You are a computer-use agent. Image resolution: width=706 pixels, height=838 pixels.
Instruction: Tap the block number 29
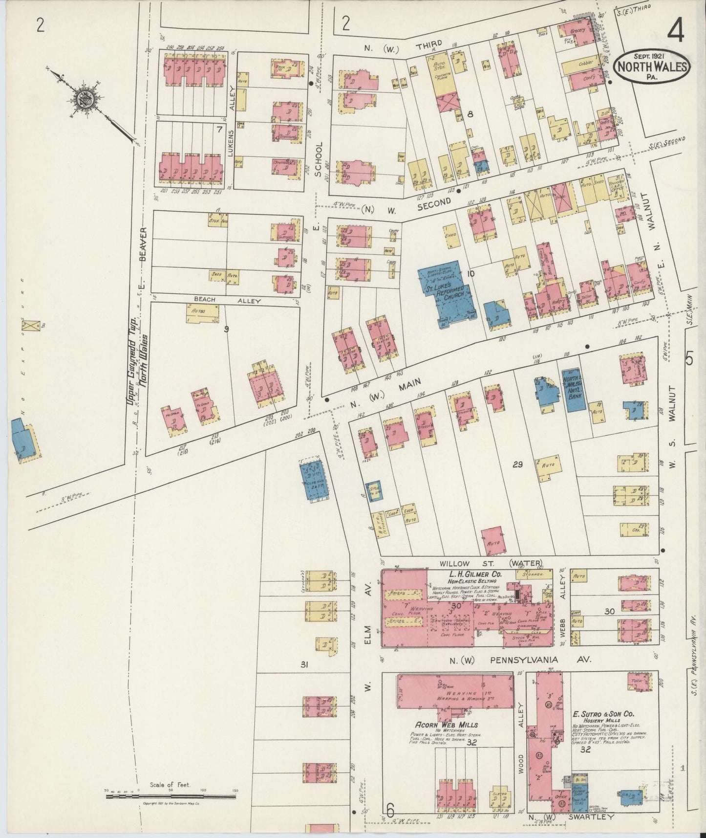pos(517,464)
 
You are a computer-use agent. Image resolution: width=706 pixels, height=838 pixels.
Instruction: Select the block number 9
pos(226,329)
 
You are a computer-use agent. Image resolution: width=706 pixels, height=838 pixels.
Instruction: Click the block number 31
pos(304,664)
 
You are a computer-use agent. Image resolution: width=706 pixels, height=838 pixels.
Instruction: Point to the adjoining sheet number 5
pos(688,359)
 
